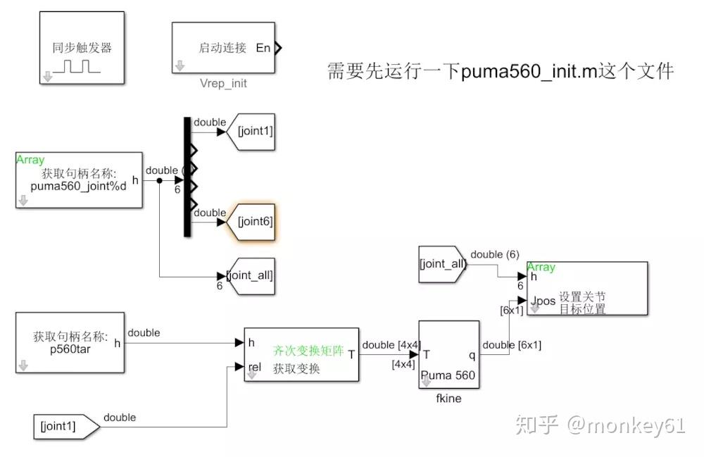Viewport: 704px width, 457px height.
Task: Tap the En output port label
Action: [x=263, y=48]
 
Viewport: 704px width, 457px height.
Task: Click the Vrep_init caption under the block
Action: [x=224, y=83]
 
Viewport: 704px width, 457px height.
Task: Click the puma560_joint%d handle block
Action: [x=78, y=180]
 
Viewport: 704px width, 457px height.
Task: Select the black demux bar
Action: [x=187, y=177]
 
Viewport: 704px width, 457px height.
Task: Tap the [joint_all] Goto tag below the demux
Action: [x=249, y=275]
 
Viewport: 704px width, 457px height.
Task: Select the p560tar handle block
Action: [x=70, y=343]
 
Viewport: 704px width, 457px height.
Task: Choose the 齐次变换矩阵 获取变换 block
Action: [x=301, y=355]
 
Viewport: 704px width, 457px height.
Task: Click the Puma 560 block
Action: [x=448, y=355]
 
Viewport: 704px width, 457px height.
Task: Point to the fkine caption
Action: [x=448, y=398]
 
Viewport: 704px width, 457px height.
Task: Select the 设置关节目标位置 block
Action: [x=587, y=289]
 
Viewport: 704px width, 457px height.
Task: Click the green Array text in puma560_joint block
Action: [x=30, y=161]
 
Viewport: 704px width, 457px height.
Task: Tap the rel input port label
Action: [x=256, y=367]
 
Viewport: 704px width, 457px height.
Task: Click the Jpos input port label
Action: [x=543, y=301]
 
